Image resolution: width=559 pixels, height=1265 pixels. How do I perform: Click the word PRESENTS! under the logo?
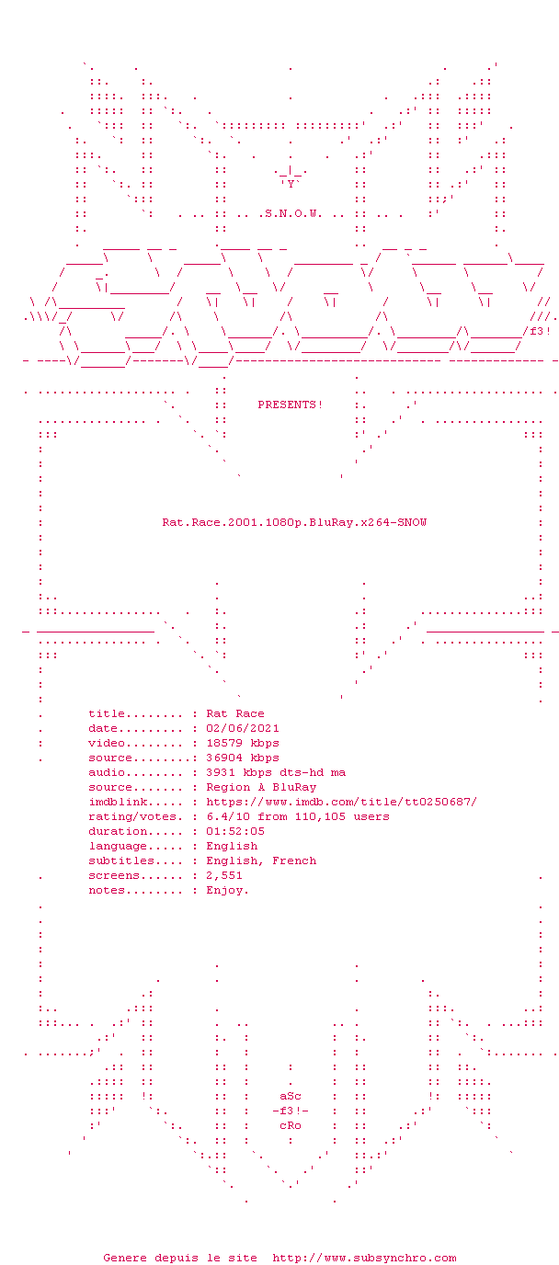291,405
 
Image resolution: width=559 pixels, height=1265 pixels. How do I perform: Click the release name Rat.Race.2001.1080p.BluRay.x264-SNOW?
294,522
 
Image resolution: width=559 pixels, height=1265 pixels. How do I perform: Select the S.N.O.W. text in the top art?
293,213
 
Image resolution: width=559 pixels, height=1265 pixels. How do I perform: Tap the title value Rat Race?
234,713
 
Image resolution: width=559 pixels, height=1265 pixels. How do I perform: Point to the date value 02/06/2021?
242,728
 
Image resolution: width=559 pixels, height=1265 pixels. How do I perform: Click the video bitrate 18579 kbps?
242,743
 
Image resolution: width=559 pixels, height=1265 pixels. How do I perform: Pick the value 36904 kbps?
242,758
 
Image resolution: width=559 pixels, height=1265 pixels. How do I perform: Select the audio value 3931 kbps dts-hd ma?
276,772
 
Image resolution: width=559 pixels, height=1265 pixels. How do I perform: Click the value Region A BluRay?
261,787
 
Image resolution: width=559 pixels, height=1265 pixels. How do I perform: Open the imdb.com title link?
342,802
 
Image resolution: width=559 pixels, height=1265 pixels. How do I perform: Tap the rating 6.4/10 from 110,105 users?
298,816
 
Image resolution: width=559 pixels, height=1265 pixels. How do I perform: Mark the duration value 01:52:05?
234,831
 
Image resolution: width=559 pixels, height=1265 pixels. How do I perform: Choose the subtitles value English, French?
261,860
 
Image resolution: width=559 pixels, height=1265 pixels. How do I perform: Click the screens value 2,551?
224,875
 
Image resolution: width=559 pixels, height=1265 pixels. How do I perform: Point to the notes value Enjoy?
227,891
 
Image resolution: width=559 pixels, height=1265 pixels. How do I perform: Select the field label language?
118,846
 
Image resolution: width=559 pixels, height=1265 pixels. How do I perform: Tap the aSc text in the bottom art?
291,1096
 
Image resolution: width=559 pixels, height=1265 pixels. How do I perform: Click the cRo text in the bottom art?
291,1125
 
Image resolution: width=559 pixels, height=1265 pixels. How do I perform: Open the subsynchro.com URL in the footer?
364,1258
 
